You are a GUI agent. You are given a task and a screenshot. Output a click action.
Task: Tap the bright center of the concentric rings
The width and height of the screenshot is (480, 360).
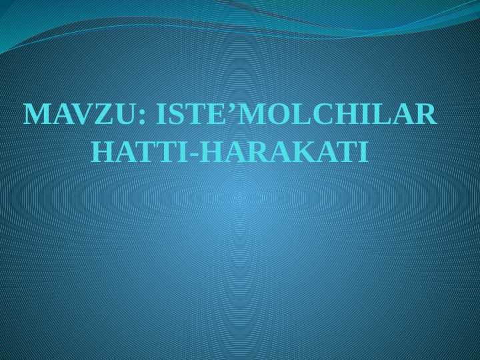[x=240, y=197]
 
